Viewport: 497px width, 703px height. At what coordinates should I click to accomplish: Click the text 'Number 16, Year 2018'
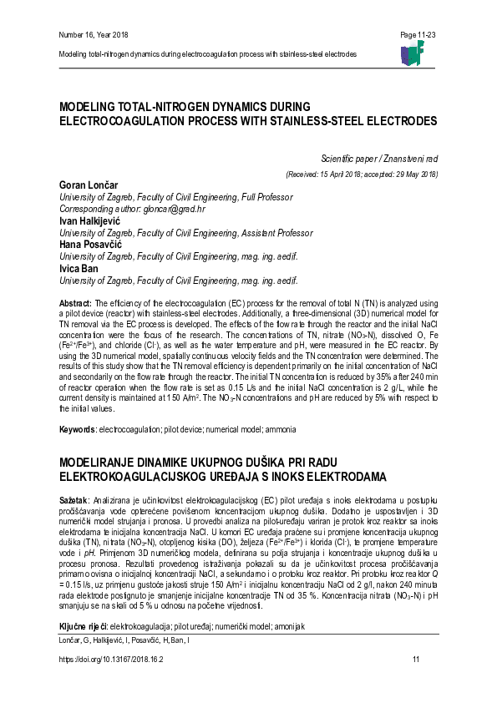[94, 34]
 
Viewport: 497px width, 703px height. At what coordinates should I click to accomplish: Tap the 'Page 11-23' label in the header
[418, 34]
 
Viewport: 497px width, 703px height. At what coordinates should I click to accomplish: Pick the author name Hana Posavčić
[89, 245]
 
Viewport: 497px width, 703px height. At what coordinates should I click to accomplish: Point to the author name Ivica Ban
[79, 270]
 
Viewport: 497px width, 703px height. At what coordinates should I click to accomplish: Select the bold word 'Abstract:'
[76, 301]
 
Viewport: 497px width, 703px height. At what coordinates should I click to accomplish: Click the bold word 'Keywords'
[77, 429]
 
